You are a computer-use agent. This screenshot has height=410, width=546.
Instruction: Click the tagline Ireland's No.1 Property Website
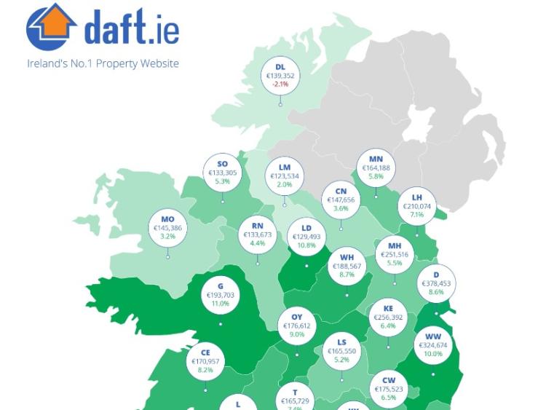tap(103, 63)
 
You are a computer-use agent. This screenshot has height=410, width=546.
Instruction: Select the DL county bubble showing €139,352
tap(280, 76)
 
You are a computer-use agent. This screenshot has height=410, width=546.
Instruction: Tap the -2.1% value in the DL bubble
tap(280, 84)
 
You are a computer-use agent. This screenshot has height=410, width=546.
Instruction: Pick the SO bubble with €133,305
tap(223, 173)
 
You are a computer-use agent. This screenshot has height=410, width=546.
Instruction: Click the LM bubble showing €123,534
tap(285, 176)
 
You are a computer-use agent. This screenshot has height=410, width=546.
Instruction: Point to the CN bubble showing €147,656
tap(341, 200)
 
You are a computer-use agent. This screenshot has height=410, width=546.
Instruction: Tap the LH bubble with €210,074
tap(417, 206)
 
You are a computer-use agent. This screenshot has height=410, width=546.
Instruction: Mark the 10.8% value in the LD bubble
tap(306, 245)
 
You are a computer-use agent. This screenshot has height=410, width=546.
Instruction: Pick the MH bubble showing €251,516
tap(395, 255)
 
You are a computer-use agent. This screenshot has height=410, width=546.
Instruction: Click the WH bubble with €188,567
tap(347, 267)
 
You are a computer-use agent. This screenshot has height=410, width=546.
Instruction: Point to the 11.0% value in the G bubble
tap(221, 304)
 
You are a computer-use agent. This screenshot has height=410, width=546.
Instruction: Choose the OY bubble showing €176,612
tap(297, 326)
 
